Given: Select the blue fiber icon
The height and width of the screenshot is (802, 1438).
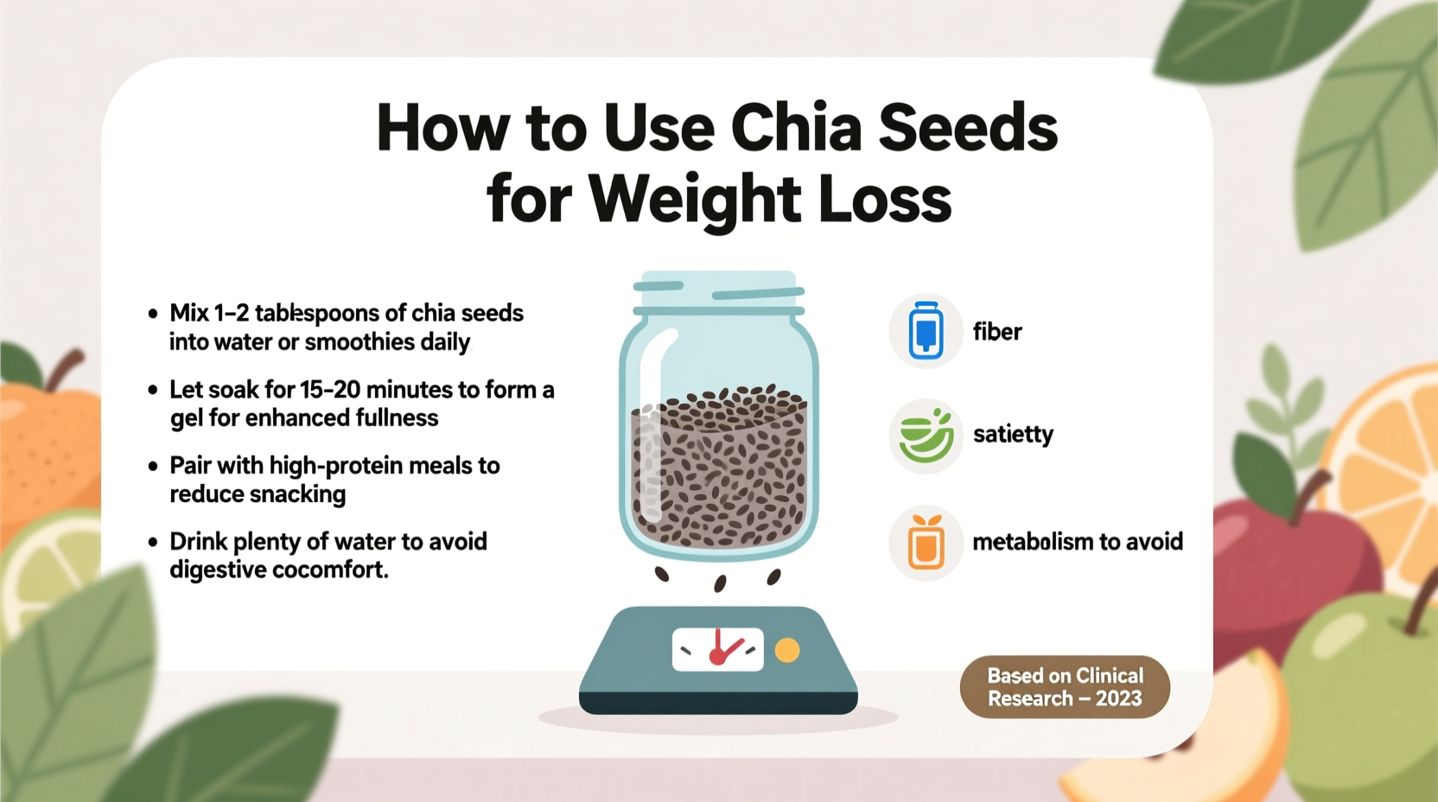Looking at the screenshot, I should coord(926,331).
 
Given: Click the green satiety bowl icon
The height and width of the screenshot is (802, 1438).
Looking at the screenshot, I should coord(926,436).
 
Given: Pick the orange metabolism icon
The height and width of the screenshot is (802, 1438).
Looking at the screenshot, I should coord(926,543).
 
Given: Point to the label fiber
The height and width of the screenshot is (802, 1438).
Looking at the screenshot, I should coord(996,332).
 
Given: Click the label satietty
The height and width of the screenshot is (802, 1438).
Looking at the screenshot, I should coord(1013,434).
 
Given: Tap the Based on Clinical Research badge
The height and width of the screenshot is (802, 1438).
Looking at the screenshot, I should coord(1065,687).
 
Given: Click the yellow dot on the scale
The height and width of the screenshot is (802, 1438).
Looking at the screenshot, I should coord(786,650).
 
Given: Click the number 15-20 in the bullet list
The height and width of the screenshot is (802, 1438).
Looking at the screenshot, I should coord(329,390).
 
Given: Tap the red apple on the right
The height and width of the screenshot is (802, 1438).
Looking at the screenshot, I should coord(1279,562).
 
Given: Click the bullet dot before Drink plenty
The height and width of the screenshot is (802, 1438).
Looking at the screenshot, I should coord(153,543).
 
